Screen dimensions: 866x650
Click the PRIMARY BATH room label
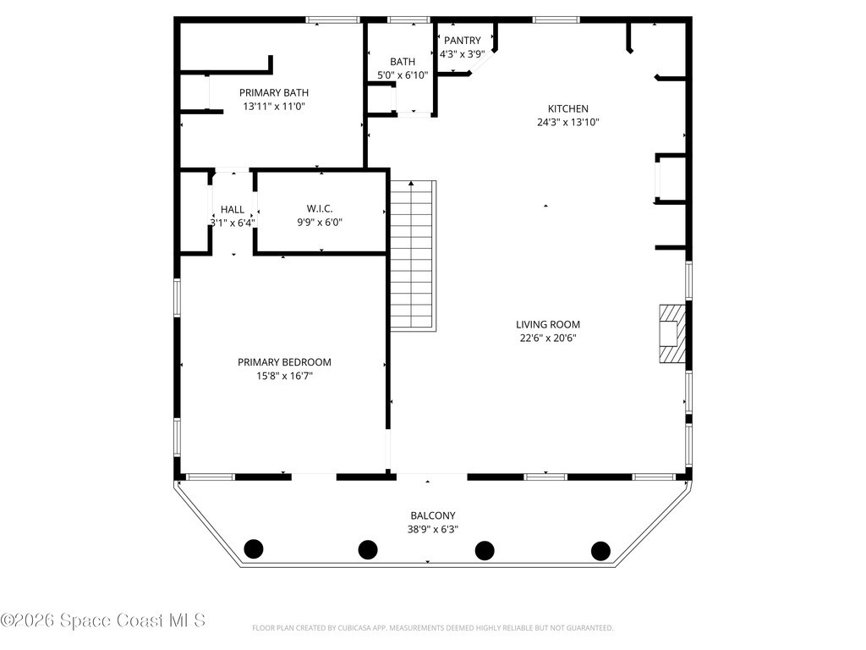273,93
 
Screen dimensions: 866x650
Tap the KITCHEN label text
567,109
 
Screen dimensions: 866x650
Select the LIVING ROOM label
548,325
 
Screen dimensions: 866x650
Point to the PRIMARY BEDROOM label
284,362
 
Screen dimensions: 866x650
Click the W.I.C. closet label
320,209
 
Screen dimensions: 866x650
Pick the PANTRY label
463,41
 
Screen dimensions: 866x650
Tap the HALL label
233,210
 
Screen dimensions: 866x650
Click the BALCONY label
433,515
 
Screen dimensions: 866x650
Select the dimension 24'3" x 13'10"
567,122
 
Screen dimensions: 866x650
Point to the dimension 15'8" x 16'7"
284,377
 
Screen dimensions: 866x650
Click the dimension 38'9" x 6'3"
433,530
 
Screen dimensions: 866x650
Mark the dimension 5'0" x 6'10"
403,75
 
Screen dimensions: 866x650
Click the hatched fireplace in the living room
672,333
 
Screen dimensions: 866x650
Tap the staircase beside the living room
413,256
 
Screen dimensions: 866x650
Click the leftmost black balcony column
254,548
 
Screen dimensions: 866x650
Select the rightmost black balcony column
600,551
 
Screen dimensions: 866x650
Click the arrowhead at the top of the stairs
411,183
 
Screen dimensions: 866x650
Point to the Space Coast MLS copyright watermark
102,620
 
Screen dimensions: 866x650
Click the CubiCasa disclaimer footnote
432,628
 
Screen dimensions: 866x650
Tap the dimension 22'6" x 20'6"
548,339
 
